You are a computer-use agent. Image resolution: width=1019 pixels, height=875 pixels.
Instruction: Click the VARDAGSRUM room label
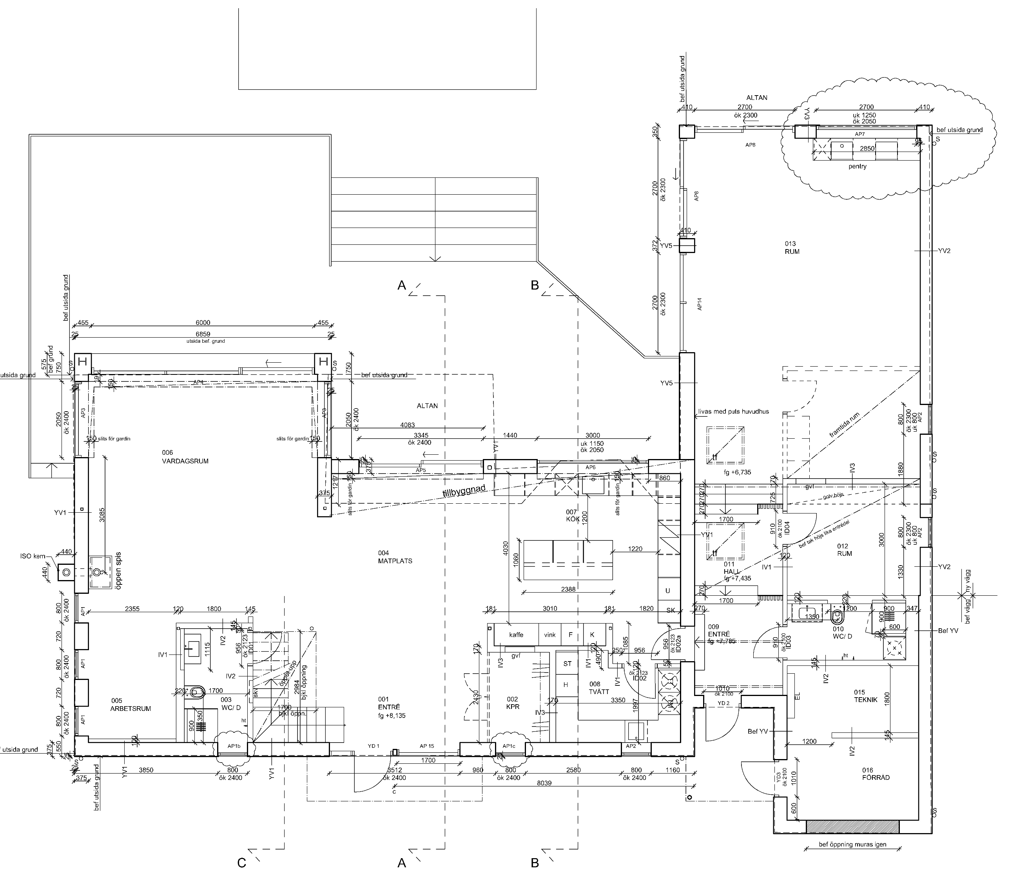click(185, 461)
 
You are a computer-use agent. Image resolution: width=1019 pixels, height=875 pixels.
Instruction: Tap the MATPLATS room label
click(395, 561)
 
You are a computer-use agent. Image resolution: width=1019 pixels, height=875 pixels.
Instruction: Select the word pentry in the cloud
click(857, 166)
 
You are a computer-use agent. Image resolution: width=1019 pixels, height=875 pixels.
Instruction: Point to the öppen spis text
click(118, 571)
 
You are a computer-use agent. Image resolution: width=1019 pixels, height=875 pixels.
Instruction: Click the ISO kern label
click(33, 557)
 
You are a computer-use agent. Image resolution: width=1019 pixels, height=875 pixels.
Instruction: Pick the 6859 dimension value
click(203, 334)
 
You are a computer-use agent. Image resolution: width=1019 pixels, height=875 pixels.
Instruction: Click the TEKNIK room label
click(865, 700)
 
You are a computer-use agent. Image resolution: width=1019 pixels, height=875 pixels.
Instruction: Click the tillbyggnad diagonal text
click(464, 493)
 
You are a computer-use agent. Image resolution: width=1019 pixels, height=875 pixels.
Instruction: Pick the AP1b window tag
click(234, 746)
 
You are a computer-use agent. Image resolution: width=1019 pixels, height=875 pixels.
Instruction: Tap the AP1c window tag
click(508, 746)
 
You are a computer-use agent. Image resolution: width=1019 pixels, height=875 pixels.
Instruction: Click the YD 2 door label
click(723, 703)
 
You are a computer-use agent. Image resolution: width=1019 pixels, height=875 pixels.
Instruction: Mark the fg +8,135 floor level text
click(392, 716)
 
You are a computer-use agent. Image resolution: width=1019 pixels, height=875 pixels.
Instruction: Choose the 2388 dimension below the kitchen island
click(568, 589)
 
